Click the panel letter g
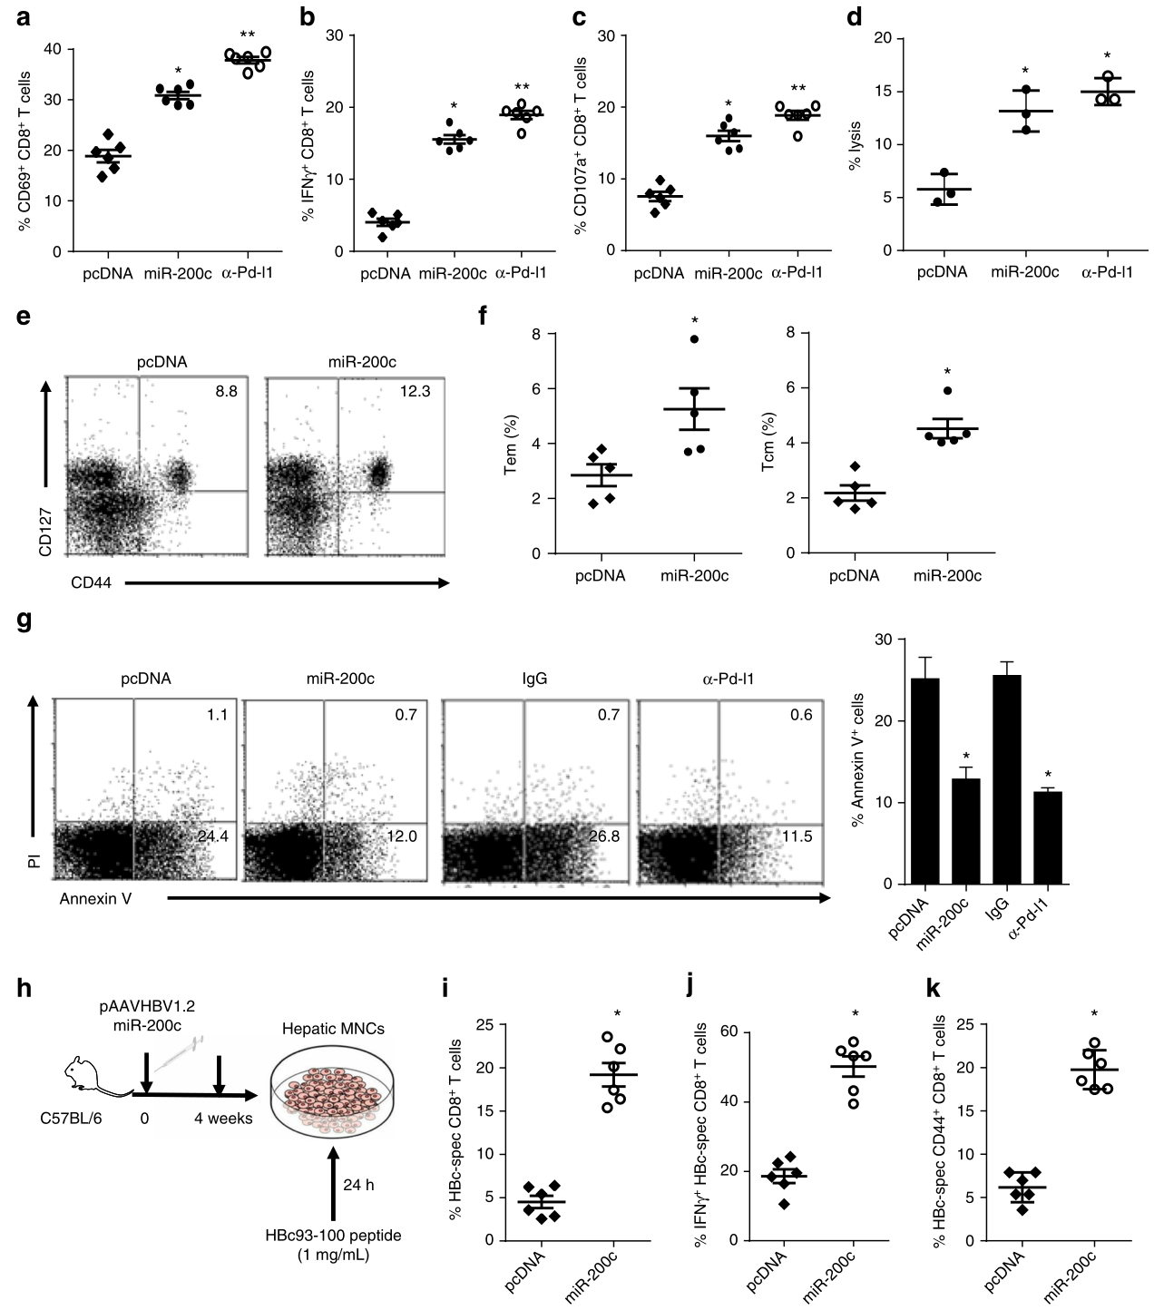[x=24, y=622]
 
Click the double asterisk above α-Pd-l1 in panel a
[x=247, y=34]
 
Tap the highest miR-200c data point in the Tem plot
[x=693, y=339]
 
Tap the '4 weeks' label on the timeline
[x=222, y=1118]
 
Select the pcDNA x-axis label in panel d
[x=942, y=271]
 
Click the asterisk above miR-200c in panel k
[x=1095, y=1014]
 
